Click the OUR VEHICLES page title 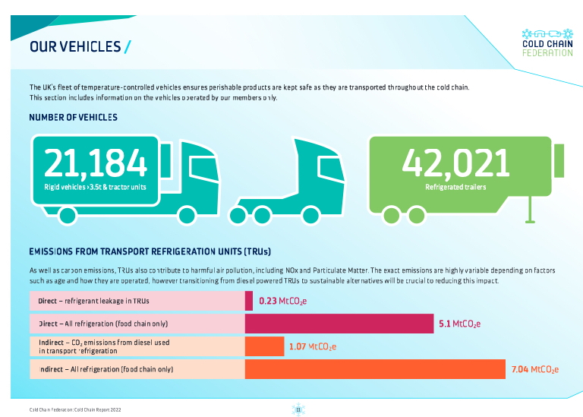(74, 47)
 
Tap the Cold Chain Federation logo (547, 43)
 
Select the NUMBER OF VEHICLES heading (73, 118)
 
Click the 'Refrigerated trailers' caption (455, 186)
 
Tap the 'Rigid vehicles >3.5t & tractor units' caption (95, 187)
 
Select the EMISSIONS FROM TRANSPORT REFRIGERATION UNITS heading (150, 251)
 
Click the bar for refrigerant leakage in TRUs (249, 302)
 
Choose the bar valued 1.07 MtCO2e (264, 346)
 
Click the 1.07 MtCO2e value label (312, 346)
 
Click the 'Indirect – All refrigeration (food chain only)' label (106, 369)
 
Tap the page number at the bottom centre (298, 409)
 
